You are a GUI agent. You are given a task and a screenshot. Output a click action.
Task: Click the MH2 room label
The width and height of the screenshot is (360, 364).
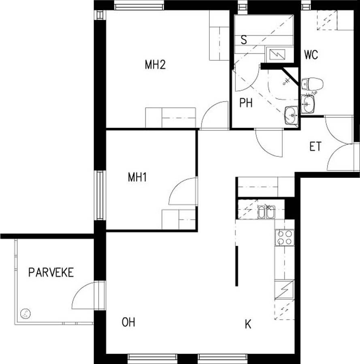(x=155, y=64)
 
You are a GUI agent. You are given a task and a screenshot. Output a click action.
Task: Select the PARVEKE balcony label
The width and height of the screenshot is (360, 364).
(x=51, y=272)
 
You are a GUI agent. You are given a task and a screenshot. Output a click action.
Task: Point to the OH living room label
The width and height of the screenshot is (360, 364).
(x=128, y=322)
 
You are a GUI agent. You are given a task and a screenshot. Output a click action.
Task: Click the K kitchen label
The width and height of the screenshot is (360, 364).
(x=248, y=324)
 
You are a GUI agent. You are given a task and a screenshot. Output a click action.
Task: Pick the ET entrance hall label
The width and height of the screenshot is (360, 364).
(x=315, y=147)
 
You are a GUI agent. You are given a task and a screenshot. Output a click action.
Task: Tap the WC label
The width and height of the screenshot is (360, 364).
(x=311, y=55)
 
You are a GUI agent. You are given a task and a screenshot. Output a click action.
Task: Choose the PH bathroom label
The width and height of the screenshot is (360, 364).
(x=246, y=103)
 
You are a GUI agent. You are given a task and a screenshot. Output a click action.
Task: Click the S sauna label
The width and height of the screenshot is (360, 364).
(x=244, y=40)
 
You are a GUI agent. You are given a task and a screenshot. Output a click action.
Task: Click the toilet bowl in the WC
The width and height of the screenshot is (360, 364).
(x=312, y=84)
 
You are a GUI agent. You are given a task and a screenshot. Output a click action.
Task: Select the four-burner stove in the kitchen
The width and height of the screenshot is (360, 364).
(x=285, y=238)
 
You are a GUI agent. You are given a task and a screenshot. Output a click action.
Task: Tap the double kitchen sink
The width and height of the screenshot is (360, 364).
(x=266, y=212)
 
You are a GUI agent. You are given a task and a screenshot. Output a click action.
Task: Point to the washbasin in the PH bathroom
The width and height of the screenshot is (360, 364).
(x=292, y=115)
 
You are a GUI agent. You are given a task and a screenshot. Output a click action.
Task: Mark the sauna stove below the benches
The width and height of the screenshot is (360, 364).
(x=277, y=55)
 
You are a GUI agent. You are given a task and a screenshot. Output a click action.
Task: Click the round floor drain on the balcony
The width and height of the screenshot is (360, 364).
(x=25, y=314)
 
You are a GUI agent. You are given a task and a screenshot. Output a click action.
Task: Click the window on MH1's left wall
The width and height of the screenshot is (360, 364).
(x=100, y=195)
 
